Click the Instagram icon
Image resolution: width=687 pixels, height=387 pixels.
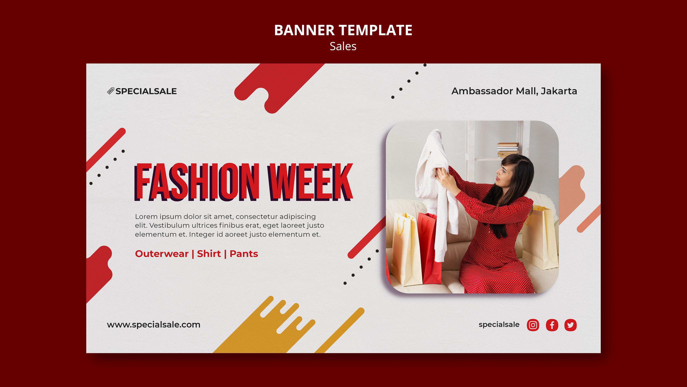click(x=533, y=325)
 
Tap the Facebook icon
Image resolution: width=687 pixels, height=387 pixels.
click(x=552, y=325)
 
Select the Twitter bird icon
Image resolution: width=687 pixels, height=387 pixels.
click(x=570, y=325)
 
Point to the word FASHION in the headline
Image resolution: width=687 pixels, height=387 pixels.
click(x=197, y=182)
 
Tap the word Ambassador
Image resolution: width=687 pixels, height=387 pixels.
click(x=482, y=91)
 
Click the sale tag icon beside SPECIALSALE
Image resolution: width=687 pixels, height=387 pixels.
click(x=111, y=91)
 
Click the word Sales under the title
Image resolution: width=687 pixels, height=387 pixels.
click(x=343, y=46)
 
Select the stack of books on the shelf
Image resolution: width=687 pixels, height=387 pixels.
click(x=508, y=150)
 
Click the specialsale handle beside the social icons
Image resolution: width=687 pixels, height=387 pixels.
click(x=499, y=324)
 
